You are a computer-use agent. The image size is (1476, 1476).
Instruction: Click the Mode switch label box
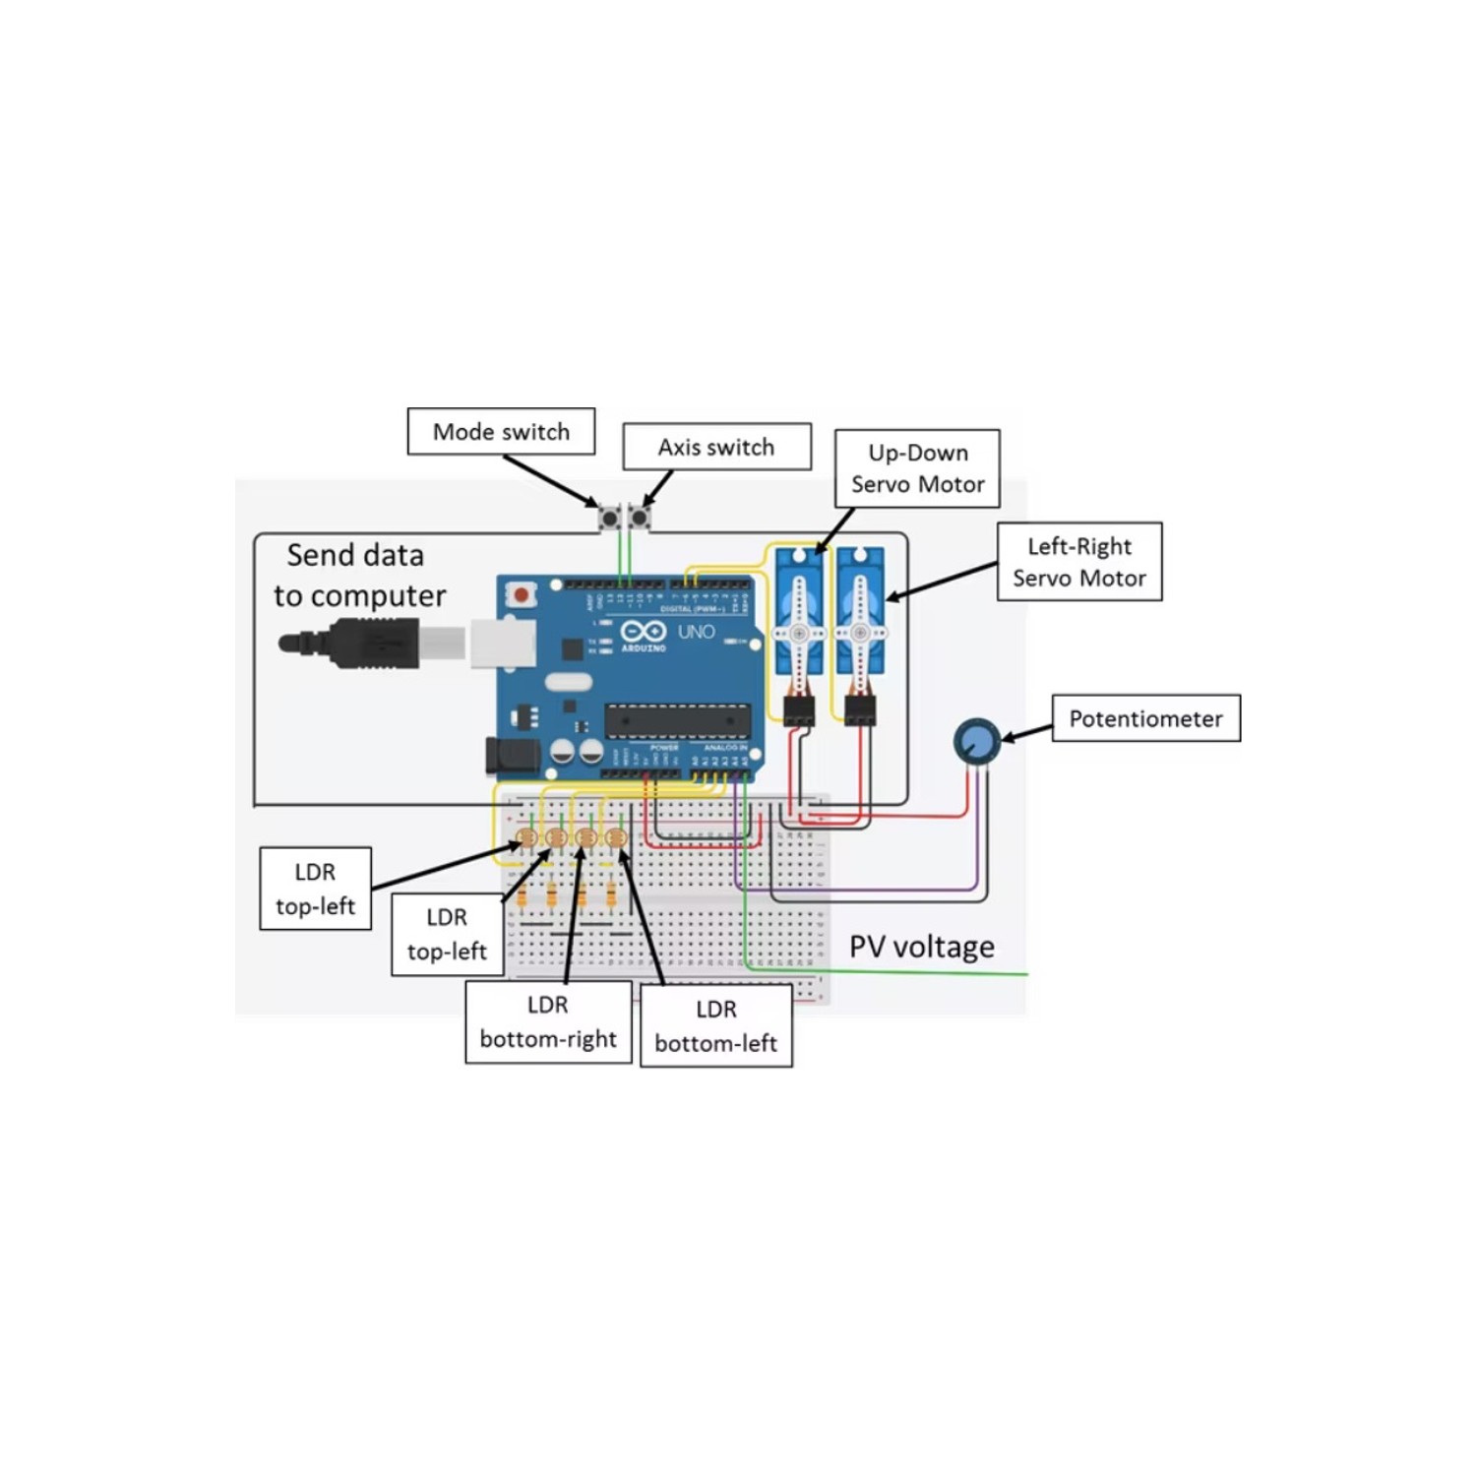click(501, 432)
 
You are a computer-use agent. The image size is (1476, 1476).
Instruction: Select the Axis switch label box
click(716, 448)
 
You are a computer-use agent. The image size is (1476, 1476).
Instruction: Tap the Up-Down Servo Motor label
click(917, 468)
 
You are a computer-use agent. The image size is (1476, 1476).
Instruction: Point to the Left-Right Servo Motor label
click(1079, 562)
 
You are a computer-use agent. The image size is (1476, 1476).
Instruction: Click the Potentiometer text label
click(1145, 719)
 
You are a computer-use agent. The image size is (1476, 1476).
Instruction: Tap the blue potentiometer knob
click(977, 741)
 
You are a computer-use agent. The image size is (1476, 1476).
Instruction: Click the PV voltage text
click(921, 947)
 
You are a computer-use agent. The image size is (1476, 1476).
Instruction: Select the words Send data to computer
click(358, 576)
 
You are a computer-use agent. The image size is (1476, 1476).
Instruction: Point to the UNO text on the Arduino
click(696, 632)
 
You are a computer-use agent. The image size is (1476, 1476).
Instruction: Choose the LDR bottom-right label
click(548, 1022)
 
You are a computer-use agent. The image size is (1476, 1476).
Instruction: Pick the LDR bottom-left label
click(715, 1026)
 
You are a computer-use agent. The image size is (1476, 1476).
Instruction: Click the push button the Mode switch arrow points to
click(610, 518)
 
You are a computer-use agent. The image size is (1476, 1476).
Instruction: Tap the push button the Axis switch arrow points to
click(640, 518)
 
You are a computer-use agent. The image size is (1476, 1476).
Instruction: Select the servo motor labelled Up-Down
click(799, 615)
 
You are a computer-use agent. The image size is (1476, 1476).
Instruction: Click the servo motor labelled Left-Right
click(860, 615)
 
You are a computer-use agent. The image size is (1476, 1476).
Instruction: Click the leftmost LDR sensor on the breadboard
click(526, 837)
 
